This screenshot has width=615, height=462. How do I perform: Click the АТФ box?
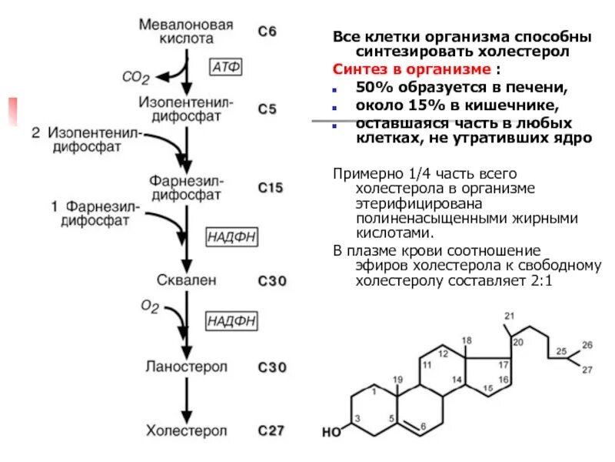pyautogui.click(x=226, y=68)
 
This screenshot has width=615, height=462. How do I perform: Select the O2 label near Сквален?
pyautogui.click(x=150, y=307)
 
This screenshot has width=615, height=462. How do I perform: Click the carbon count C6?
pyautogui.click(x=266, y=32)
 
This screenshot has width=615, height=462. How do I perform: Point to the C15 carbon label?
pyautogui.click(x=271, y=187)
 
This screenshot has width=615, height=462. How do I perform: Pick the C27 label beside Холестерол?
pyautogui.click(x=271, y=430)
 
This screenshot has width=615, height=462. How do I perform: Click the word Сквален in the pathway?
pyautogui.click(x=185, y=280)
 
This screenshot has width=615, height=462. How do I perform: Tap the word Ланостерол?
pyautogui.click(x=186, y=367)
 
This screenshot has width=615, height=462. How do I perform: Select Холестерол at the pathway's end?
pyautogui.click(x=186, y=430)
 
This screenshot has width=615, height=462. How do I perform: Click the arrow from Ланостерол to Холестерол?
pyautogui.click(x=185, y=398)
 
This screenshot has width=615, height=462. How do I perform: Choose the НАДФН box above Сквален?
pyautogui.click(x=231, y=237)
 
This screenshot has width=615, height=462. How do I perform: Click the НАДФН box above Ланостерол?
pyautogui.click(x=231, y=321)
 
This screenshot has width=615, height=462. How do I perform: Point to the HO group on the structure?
pyautogui.click(x=331, y=432)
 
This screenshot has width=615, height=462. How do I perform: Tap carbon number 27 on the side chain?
pyautogui.click(x=587, y=371)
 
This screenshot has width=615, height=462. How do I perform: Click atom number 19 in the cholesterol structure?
pyautogui.click(x=397, y=380)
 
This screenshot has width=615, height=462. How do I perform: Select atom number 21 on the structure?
pyautogui.click(x=507, y=316)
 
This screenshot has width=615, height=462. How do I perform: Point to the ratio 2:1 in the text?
pyautogui.click(x=540, y=281)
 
